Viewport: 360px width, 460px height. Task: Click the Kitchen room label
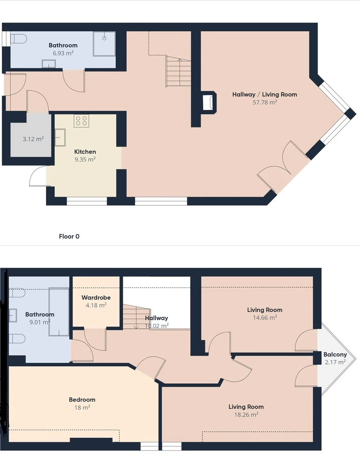85,151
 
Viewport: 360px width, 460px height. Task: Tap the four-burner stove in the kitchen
82,121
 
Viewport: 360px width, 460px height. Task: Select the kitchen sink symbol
60,137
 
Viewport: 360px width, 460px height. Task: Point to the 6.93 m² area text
63,53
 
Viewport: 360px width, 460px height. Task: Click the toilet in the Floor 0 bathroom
19,38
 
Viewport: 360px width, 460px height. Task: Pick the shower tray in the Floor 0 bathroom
104,44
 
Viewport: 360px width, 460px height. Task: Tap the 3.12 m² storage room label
33,139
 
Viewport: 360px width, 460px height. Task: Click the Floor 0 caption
69,236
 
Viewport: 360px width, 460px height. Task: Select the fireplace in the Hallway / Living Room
209,102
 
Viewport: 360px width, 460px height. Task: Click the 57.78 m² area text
265,102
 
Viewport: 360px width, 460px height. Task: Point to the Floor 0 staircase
178,71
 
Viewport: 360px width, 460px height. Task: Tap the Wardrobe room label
96,297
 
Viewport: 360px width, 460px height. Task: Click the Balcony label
335,354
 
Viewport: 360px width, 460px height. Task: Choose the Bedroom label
82,400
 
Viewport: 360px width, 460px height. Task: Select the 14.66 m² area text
265,318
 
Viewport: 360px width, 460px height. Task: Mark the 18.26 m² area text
246,415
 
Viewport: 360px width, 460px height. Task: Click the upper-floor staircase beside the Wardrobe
136,317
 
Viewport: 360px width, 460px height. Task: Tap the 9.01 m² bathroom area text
40,322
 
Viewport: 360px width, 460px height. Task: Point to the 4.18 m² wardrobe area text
96,305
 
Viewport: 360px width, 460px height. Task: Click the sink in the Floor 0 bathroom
49,63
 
